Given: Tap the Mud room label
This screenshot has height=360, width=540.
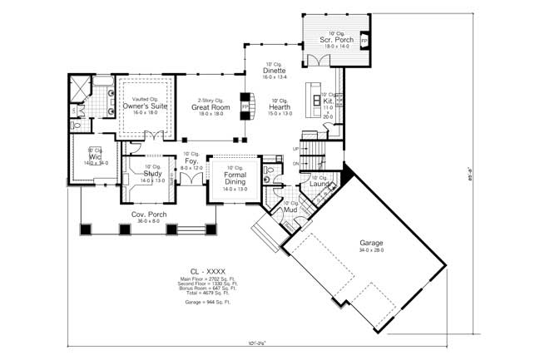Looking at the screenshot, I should point(290,210).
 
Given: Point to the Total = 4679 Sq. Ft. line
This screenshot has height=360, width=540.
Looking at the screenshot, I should point(196,293).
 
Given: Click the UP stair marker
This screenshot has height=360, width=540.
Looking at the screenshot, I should point(295,149).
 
